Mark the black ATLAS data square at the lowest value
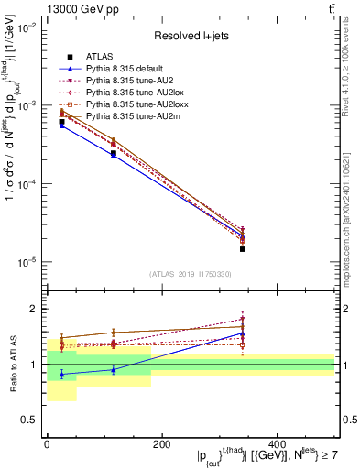[243, 248]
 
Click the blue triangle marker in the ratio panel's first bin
[61, 374]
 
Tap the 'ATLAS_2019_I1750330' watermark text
[190, 274]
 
